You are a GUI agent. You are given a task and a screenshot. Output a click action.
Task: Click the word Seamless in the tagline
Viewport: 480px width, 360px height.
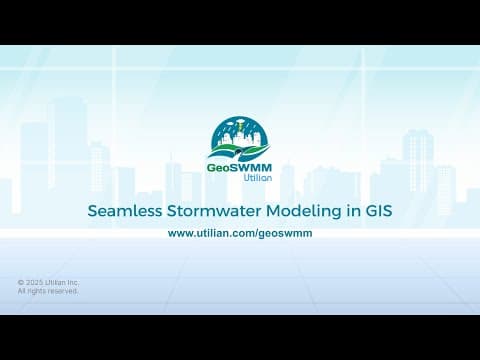121,211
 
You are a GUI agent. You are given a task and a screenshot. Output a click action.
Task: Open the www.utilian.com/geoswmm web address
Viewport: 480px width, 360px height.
239,232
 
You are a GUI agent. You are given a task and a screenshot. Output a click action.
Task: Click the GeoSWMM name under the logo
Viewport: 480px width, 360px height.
240,167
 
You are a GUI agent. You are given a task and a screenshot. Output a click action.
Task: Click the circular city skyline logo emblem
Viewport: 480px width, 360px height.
240,139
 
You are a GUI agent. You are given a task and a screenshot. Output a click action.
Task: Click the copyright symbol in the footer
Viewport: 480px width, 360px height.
21,282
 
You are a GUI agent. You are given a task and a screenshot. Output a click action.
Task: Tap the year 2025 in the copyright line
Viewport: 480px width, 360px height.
36,282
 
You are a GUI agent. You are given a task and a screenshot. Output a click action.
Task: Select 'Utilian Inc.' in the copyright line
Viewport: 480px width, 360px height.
63,282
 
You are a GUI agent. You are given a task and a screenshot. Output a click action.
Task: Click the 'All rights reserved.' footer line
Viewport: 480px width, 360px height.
48,291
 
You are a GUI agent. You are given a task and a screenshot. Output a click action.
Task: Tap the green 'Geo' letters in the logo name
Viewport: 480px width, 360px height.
220,167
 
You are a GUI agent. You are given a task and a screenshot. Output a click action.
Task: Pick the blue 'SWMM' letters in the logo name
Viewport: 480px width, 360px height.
251,167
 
